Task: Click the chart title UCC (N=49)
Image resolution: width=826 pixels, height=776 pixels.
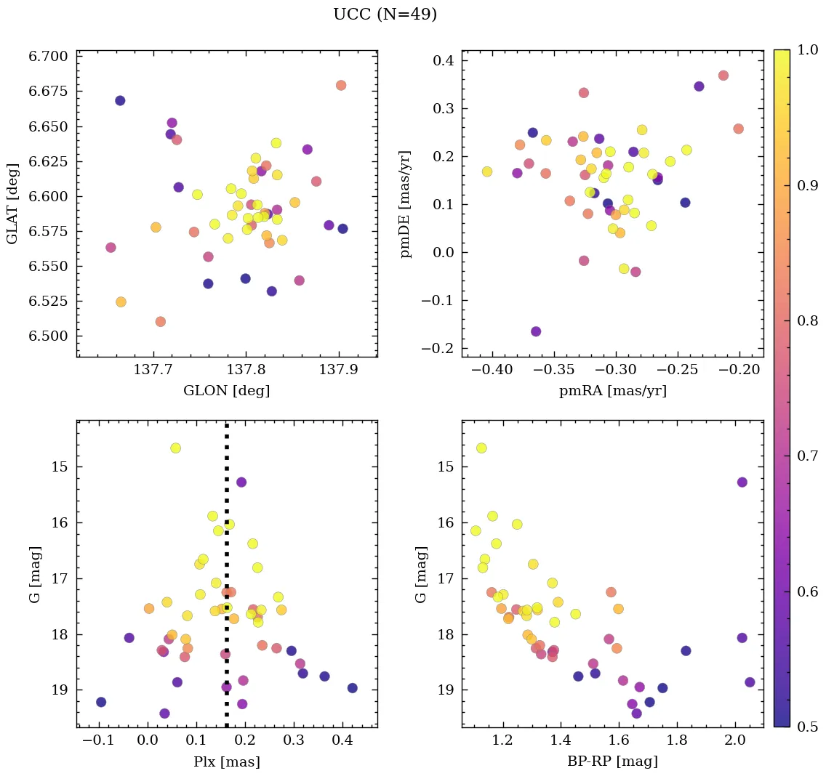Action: (x=385, y=15)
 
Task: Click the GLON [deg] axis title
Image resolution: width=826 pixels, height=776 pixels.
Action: (x=226, y=391)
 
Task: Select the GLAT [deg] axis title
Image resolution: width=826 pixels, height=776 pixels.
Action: (x=12, y=203)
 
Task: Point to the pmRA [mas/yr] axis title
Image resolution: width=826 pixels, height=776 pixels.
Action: (x=612, y=391)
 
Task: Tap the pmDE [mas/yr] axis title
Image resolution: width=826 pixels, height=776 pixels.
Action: (x=405, y=203)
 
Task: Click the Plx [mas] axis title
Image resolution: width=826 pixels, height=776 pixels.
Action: (x=226, y=761)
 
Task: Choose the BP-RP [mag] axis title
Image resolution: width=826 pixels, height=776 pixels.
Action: (x=612, y=761)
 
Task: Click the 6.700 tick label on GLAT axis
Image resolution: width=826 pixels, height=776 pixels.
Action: (x=48, y=57)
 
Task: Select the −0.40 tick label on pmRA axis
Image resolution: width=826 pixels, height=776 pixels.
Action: (x=492, y=371)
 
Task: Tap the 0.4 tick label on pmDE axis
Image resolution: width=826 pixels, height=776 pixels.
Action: (x=444, y=60)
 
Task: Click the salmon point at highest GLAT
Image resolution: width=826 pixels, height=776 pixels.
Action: (x=341, y=85)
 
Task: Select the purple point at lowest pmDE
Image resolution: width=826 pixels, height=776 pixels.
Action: (x=536, y=331)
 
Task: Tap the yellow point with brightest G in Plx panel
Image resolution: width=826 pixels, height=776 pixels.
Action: (x=175, y=448)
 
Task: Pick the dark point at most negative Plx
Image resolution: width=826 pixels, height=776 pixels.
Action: (x=101, y=702)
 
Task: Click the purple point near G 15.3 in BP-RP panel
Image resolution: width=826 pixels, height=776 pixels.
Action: (x=742, y=482)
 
